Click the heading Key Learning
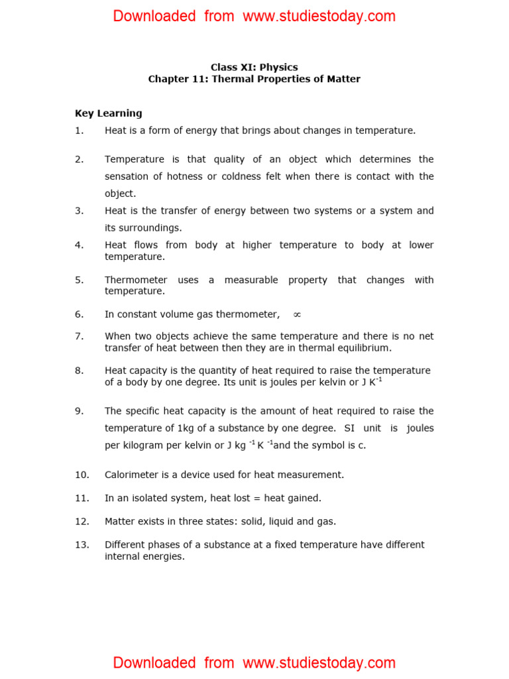coord(108,113)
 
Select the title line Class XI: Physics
coord(254,67)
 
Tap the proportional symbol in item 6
coord(297,315)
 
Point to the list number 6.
coord(79,314)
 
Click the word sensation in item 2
coord(127,176)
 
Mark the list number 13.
coord(82,545)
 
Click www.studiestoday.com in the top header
coord(319,17)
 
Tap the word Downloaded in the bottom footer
coord(154,662)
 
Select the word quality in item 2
coord(216,159)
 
